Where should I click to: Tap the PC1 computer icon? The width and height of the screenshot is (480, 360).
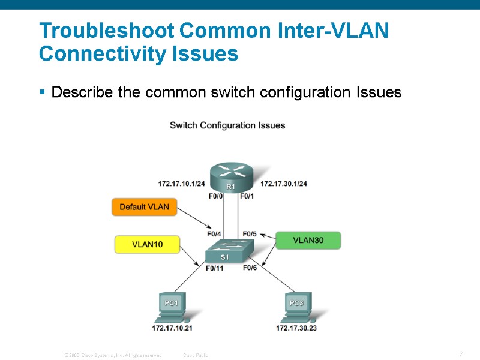pyautogui.click(x=172, y=306)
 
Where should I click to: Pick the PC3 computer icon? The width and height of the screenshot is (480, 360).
pyautogui.click(x=296, y=306)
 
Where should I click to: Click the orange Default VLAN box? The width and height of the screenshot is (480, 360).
pyautogui.click(x=145, y=207)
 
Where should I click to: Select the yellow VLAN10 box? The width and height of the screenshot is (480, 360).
pyautogui.click(x=147, y=244)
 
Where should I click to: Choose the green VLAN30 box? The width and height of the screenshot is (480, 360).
pyautogui.click(x=308, y=240)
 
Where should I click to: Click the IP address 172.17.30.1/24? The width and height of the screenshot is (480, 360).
pyautogui.click(x=284, y=183)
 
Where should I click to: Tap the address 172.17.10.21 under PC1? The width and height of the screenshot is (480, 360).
pyautogui.click(x=172, y=328)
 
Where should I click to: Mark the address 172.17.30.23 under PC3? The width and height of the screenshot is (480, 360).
pyautogui.click(x=296, y=328)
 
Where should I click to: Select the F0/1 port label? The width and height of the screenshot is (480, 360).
pyautogui.click(x=247, y=196)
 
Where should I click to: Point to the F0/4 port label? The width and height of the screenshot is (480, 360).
pyautogui.click(x=214, y=234)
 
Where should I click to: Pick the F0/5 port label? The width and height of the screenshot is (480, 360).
pyautogui.click(x=250, y=234)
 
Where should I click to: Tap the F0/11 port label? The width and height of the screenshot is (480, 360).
pyautogui.click(x=214, y=268)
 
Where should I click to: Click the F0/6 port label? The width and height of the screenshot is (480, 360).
pyautogui.click(x=250, y=268)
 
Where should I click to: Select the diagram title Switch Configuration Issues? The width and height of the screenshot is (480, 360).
pyautogui.click(x=227, y=125)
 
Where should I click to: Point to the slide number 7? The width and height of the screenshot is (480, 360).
pyautogui.click(x=461, y=354)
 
